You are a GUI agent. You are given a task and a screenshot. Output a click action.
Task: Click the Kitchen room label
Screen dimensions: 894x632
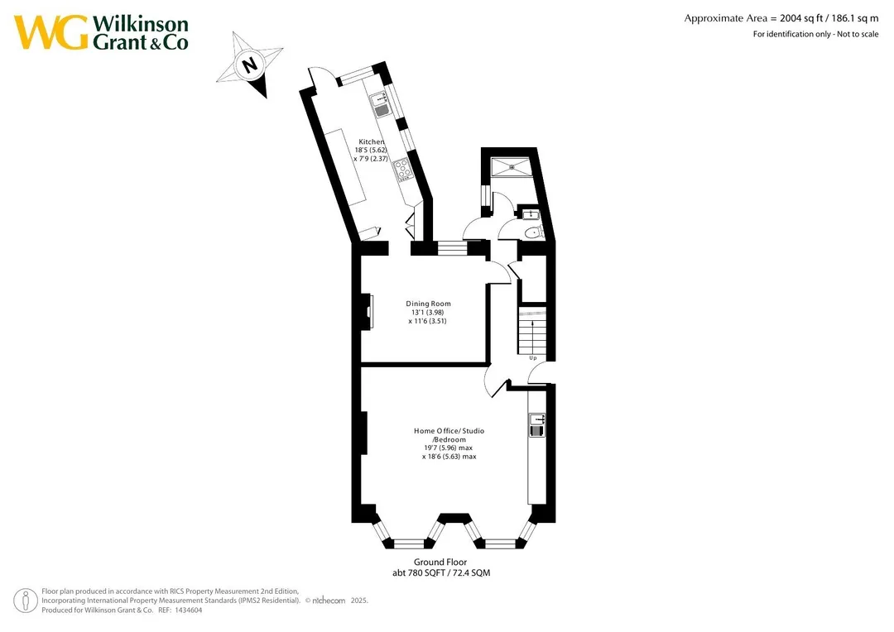coord(371,142)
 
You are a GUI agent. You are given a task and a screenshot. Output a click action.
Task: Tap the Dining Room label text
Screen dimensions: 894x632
coord(428,304)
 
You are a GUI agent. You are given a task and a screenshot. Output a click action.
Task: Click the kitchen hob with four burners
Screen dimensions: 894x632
coord(402,168)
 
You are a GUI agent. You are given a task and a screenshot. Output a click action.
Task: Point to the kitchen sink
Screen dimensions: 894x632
coord(380,105)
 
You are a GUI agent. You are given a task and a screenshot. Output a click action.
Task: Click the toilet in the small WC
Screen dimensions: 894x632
coord(534,232)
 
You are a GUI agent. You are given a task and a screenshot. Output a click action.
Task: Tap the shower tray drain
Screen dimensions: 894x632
coord(512,167)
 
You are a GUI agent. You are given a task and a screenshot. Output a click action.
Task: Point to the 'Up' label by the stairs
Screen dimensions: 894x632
coord(533,358)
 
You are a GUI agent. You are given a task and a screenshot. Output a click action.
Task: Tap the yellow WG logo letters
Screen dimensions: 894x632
coord(51,32)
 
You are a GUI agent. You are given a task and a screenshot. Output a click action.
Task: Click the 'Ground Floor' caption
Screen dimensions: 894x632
coord(440,562)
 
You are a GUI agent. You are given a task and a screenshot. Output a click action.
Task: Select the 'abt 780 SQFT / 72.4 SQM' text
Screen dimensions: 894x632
coord(441,572)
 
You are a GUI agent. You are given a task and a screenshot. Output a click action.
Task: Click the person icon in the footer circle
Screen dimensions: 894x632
coord(26,601)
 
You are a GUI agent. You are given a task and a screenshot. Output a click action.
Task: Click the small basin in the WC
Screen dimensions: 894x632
coord(531,215)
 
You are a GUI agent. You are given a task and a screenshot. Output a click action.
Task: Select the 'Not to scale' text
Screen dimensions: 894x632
coord(858,34)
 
